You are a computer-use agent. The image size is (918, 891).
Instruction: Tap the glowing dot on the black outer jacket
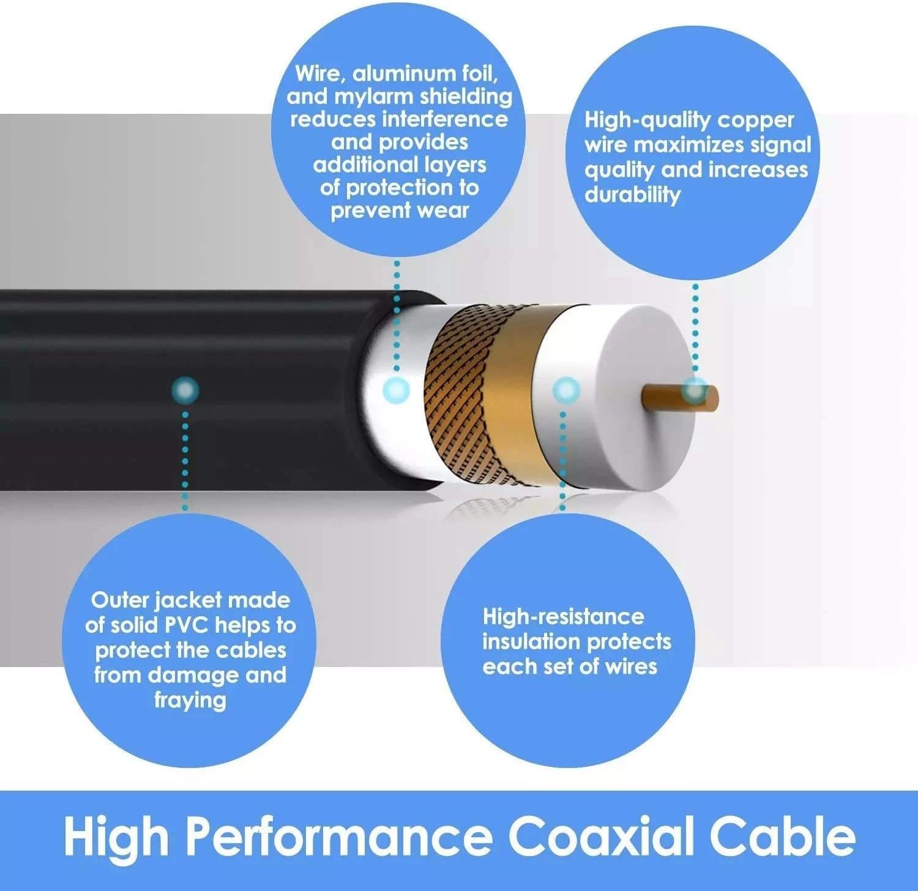[x=185, y=390]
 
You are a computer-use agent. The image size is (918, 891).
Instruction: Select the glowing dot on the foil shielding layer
[x=396, y=389]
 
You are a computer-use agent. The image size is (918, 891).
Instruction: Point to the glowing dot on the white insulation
[x=565, y=390]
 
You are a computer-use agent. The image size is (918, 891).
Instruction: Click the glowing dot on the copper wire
[x=695, y=389]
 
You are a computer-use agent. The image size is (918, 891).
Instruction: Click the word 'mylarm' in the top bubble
[x=374, y=96]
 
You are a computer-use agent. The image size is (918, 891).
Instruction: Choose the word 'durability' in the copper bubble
[x=632, y=195]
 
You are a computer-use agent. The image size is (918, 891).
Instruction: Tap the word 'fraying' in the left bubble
[x=190, y=700]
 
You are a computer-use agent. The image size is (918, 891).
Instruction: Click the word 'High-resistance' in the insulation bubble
[x=563, y=616]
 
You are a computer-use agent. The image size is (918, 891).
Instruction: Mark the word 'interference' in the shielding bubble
[x=445, y=119]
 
